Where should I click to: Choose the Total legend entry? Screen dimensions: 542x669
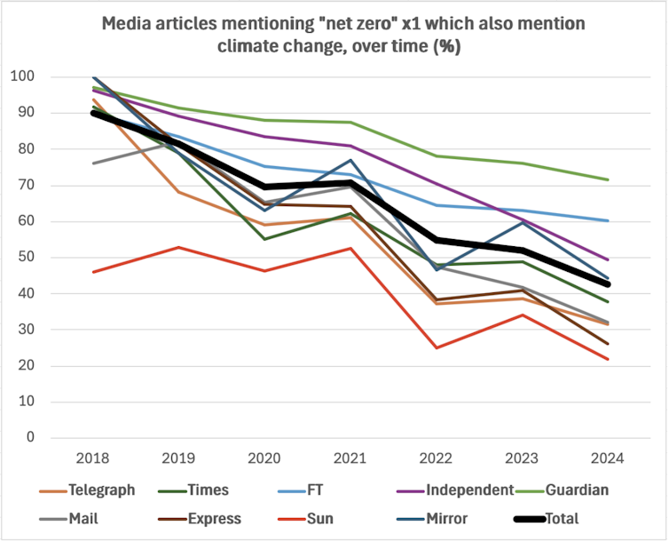click(x=556, y=518)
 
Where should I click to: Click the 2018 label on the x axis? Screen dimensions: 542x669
click(x=92, y=459)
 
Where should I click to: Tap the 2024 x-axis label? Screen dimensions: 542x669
click(x=607, y=459)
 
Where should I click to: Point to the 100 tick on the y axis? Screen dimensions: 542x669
click(x=23, y=76)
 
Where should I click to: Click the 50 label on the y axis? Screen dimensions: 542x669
click(x=27, y=258)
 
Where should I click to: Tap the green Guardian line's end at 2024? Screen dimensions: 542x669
click(x=608, y=179)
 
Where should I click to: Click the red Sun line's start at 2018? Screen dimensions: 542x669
click(x=92, y=272)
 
